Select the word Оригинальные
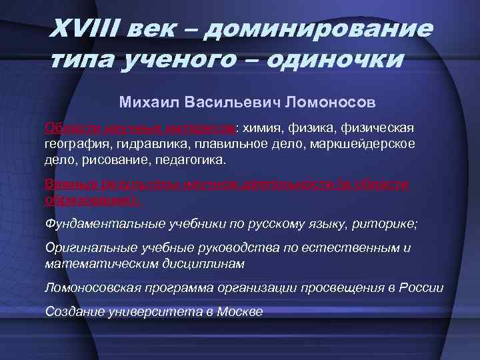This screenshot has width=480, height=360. coord(84,248)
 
